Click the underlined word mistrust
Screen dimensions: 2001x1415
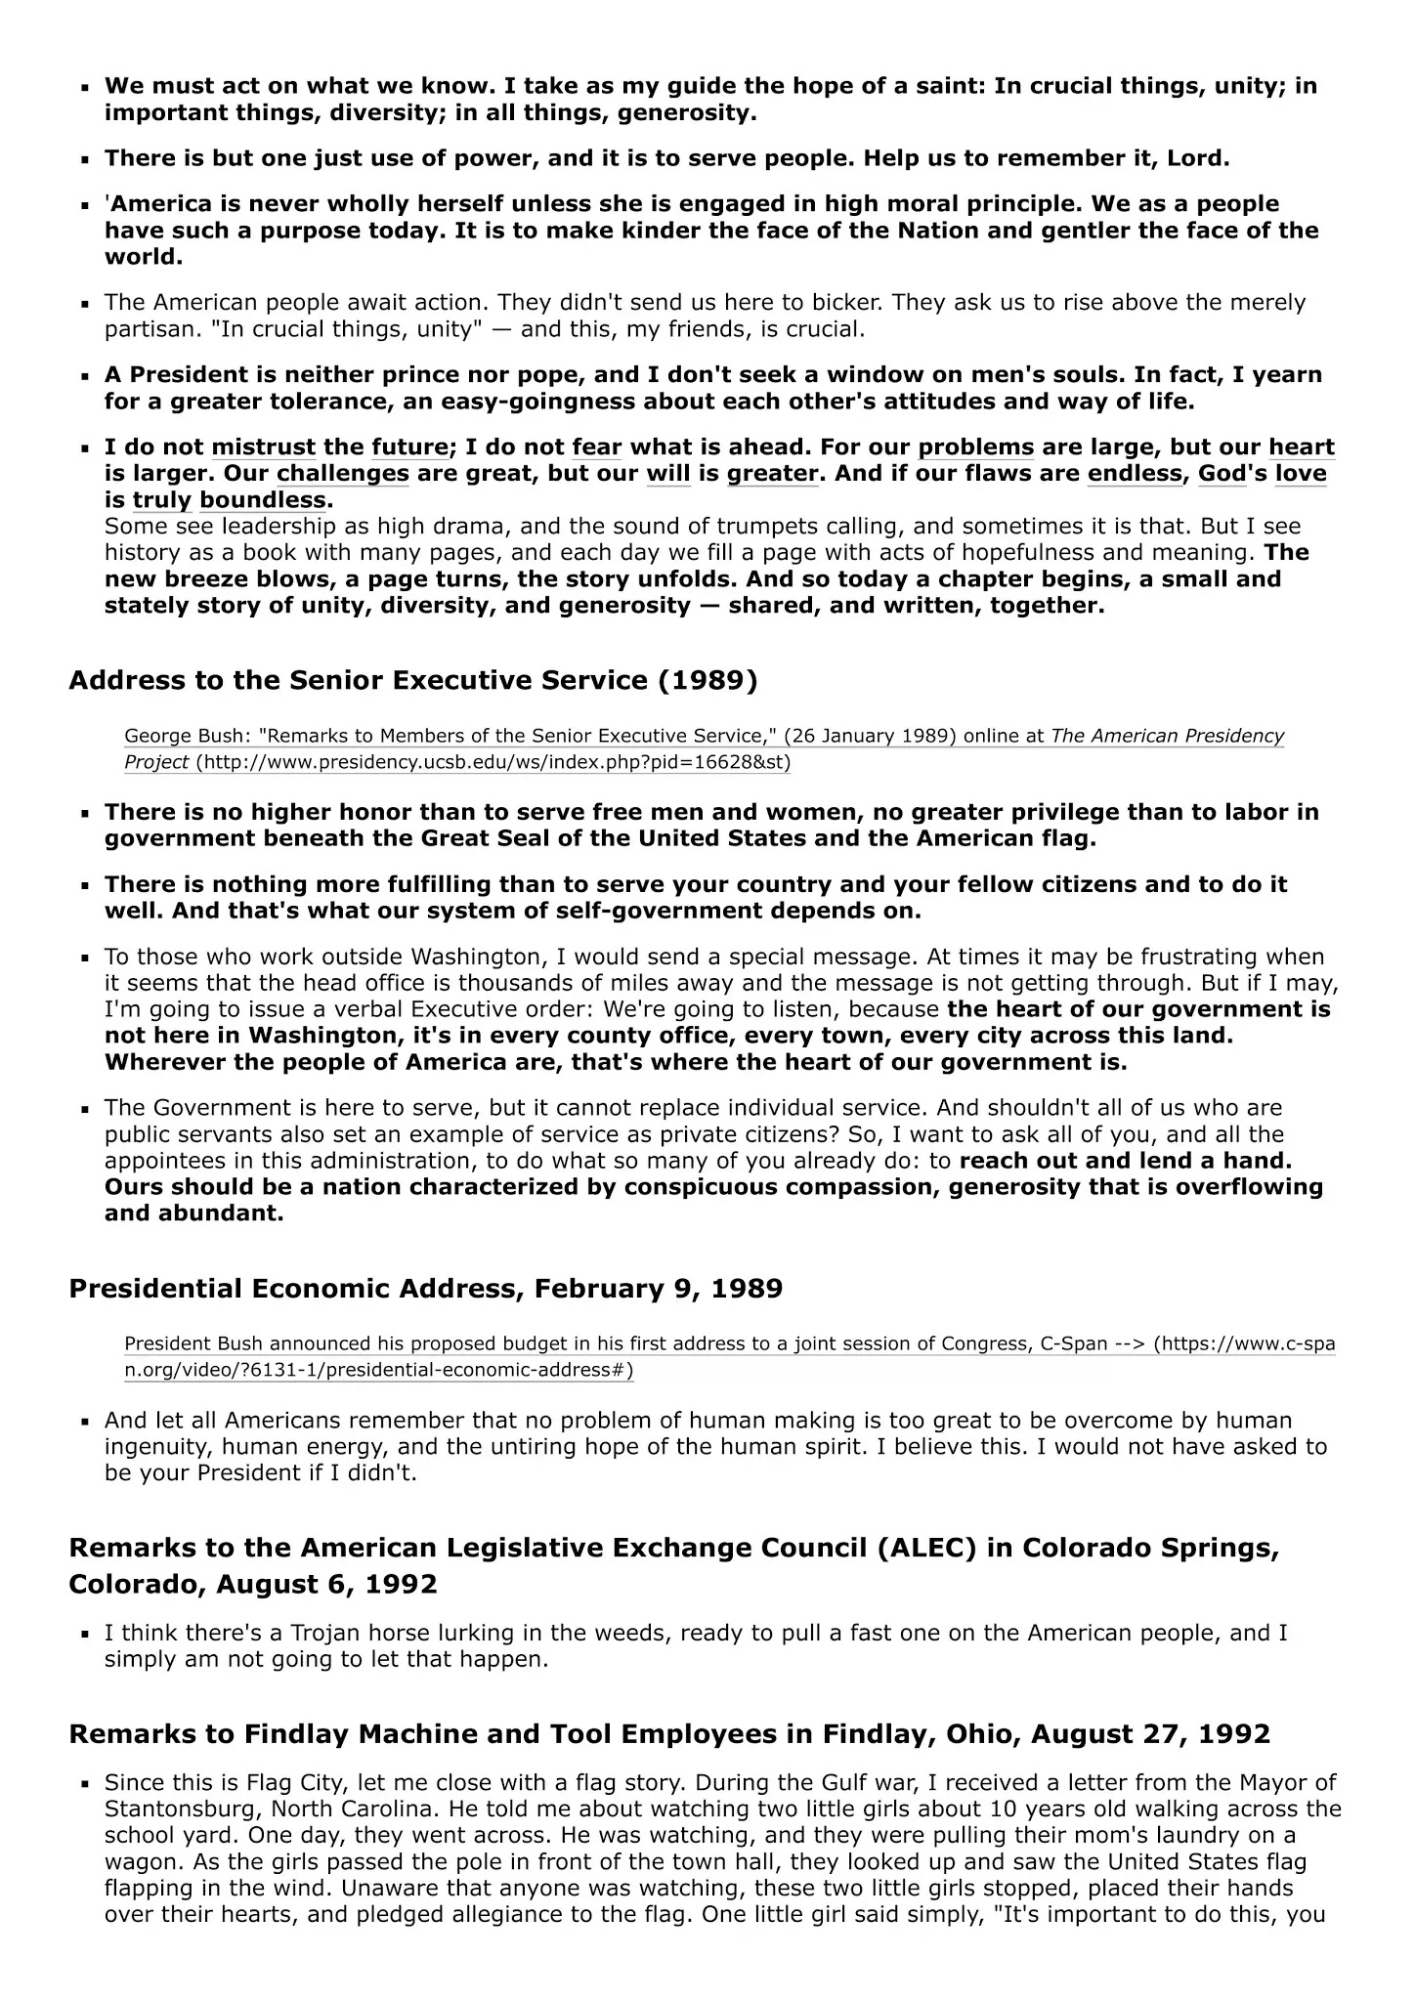coord(263,447)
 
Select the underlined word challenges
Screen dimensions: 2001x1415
coord(342,474)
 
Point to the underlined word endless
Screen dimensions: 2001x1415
coord(1134,474)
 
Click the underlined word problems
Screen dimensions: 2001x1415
coord(975,447)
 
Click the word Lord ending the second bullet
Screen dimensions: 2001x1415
coord(1200,158)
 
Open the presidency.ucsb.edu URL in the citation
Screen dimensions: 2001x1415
coord(493,762)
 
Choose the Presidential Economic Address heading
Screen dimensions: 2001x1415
coord(425,1288)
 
